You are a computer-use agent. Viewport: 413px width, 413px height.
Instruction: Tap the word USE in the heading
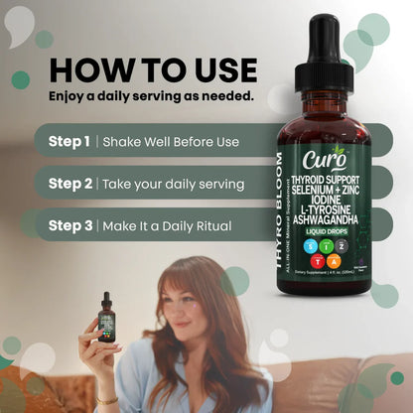click(x=220, y=71)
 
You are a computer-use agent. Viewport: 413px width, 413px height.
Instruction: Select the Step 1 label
click(x=69, y=141)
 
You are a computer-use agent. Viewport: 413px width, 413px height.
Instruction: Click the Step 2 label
click(x=69, y=184)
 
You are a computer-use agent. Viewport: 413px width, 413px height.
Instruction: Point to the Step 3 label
click(x=69, y=226)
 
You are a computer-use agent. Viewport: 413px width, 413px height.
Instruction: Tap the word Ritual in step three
click(x=209, y=226)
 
